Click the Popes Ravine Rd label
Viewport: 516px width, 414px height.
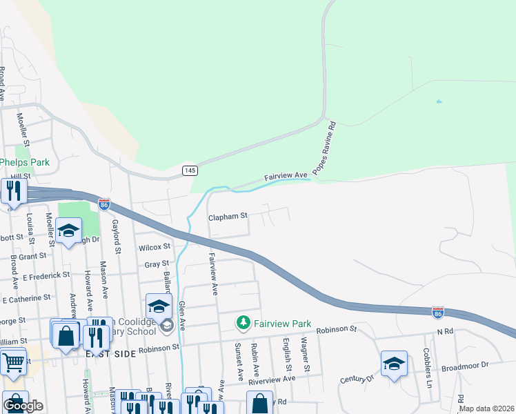[325, 148]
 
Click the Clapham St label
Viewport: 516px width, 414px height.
[228, 216]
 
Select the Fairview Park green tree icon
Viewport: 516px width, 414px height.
[243, 323]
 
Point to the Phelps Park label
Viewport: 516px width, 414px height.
[25, 162]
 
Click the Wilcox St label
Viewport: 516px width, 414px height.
[154, 246]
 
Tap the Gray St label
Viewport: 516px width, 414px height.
[157, 264]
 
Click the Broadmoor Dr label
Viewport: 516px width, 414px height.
[465, 364]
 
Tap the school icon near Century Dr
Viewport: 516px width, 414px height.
[394, 364]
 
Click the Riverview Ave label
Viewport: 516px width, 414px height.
[273, 378]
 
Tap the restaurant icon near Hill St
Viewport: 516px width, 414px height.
[14, 191]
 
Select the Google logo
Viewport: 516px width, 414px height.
[23, 406]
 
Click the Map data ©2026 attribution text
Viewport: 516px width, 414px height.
[487, 408]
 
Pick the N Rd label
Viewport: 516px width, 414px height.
[445, 332]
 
